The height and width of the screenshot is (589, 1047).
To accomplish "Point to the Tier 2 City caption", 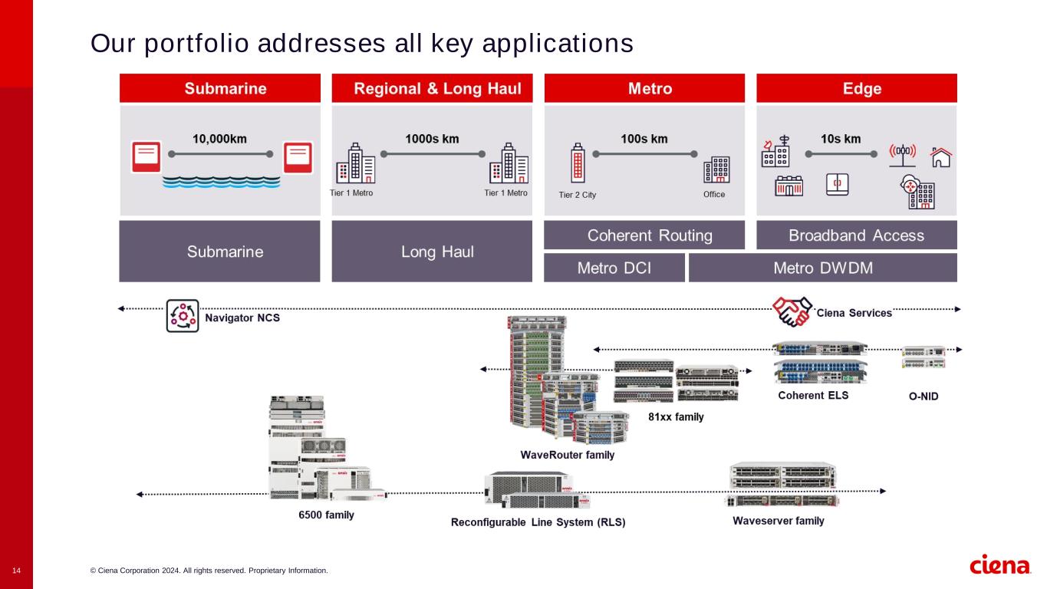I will coord(577,195).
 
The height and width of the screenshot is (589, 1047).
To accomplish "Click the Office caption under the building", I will coord(714,195).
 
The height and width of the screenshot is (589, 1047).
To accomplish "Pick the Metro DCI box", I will coord(614,268).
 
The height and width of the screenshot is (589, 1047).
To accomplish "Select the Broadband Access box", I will coord(856,235).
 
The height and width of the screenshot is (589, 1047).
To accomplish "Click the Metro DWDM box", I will coord(822,268).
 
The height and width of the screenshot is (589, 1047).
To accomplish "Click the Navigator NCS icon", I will coord(183,315).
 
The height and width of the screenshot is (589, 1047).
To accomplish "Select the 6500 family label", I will coord(326,515).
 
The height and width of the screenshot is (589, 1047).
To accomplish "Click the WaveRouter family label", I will coord(568,455).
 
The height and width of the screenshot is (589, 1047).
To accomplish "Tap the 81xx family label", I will coord(676,417).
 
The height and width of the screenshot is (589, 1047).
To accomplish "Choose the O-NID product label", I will coord(918,397).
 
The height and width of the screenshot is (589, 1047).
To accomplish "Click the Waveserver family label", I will coord(779,521).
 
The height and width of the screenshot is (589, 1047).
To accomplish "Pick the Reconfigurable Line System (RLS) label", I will coord(538,523).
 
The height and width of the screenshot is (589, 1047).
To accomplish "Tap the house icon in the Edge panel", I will coord(940,157).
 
